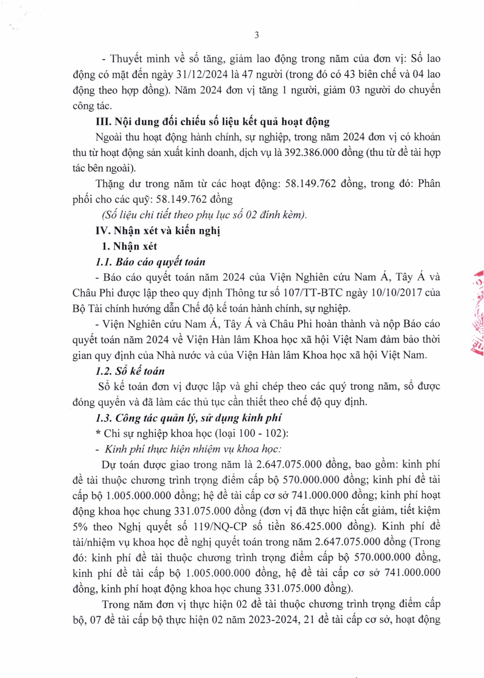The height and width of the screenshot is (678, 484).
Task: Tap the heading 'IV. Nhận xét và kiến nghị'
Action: click(x=158, y=231)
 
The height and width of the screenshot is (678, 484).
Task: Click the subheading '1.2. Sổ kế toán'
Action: click(x=130, y=371)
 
